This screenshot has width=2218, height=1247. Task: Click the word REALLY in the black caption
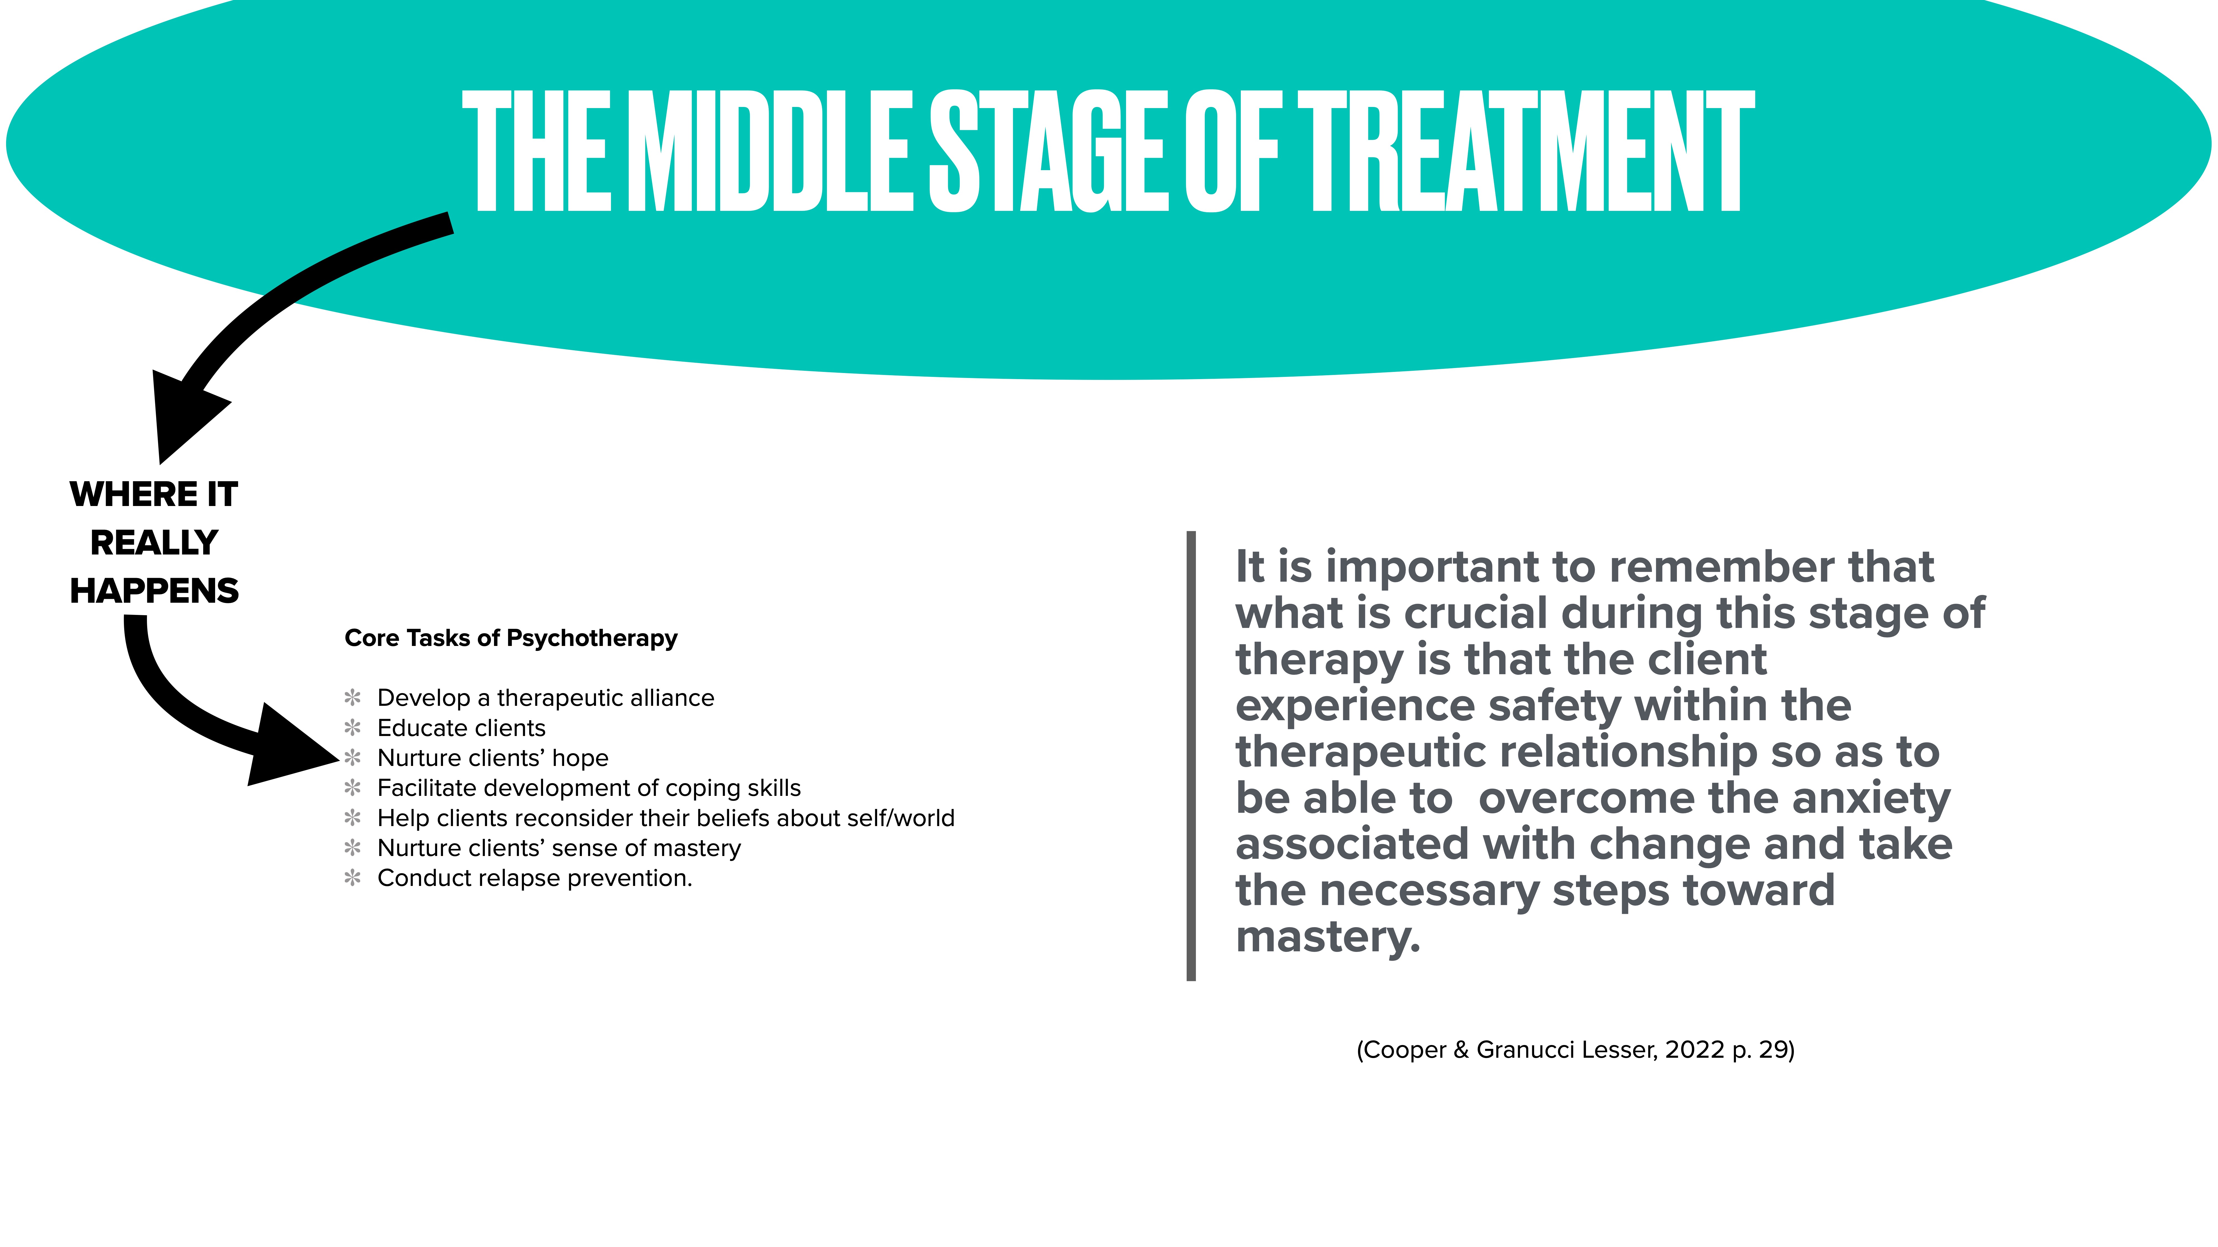(154, 543)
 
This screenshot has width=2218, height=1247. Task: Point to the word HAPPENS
(154, 591)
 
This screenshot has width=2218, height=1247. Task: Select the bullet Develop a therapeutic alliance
(545, 698)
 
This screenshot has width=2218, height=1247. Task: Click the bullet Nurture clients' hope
(493, 758)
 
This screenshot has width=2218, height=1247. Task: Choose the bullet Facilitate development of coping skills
(589, 788)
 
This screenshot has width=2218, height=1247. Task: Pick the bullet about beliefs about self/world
(666, 818)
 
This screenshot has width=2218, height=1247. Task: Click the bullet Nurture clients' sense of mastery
(559, 849)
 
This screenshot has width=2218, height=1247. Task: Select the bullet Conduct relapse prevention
(535, 879)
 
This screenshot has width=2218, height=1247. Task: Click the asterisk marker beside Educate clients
(352, 728)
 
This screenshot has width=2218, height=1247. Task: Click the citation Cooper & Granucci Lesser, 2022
(1575, 1050)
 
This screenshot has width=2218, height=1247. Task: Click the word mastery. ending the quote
(1328, 937)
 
